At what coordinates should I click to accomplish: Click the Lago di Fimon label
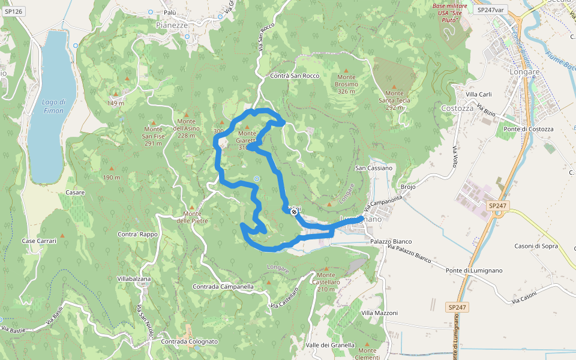point(54,106)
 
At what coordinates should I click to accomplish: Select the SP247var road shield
point(490,10)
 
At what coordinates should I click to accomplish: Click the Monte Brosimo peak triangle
point(346,70)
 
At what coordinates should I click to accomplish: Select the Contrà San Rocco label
point(295,76)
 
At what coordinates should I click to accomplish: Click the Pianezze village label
point(172,25)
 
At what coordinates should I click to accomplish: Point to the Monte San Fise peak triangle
point(153,121)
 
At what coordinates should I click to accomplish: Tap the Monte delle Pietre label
point(192,217)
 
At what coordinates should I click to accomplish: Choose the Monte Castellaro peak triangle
point(326,268)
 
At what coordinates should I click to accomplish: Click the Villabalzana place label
point(134,280)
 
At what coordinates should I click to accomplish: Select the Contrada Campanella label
point(223,287)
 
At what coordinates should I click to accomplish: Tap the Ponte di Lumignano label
point(466,271)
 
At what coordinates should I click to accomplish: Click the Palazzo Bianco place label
point(391,241)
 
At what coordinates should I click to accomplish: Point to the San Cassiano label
point(374,168)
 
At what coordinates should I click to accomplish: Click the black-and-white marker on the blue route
point(294,211)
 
